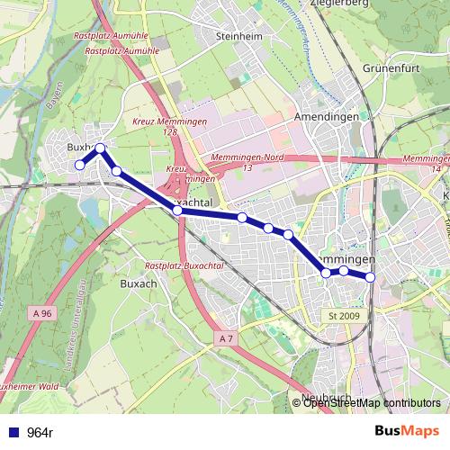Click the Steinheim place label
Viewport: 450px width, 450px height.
tap(238, 36)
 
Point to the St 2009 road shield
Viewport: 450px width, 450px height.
tap(344, 316)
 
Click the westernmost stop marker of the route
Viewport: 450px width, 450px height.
tap(79, 165)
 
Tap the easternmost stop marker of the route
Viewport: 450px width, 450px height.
tap(370, 277)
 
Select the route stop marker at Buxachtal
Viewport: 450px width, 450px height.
tap(177, 211)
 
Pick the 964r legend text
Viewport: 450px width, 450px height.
tap(40, 433)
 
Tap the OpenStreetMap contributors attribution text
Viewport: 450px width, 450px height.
tap(371, 402)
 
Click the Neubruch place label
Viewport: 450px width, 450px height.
tap(325, 398)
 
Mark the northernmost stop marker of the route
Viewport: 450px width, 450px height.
tap(100, 148)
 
